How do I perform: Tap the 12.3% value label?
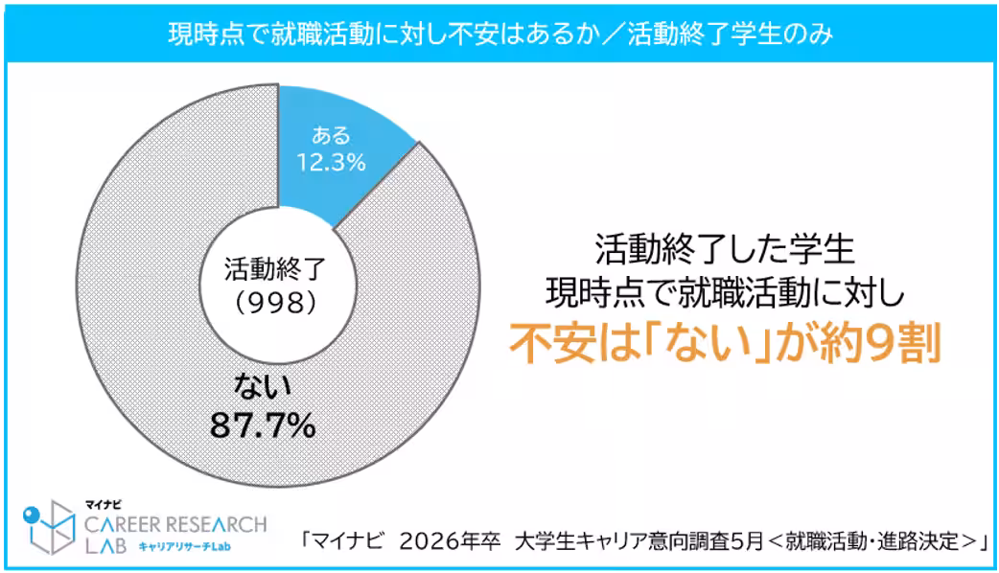(333, 163)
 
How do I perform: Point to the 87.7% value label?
(263, 424)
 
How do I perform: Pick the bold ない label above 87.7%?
(263, 388)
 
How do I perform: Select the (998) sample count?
(276, 303)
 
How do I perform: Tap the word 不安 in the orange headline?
(542, 341)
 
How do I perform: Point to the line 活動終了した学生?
(725, 251)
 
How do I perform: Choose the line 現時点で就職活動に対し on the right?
(725, 289)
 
